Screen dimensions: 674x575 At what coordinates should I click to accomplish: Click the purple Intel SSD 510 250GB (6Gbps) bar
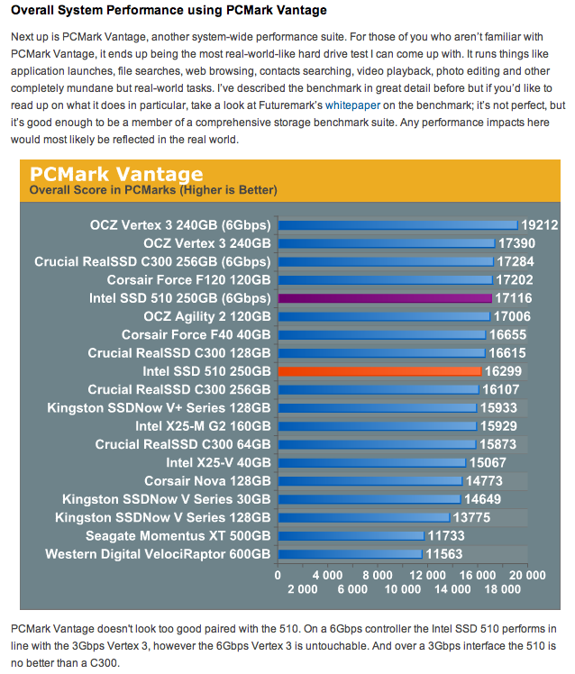[x=385, y=297]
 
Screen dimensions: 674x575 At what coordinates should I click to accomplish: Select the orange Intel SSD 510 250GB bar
[x=380, y=370]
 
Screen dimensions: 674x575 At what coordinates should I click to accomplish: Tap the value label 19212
[x=540, y=224]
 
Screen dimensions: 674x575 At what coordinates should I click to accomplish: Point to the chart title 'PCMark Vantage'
[x=116, y=174]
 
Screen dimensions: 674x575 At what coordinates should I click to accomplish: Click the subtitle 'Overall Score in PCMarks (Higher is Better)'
[x=153, y=190]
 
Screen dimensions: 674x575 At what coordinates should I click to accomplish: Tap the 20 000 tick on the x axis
[x=526, y=575]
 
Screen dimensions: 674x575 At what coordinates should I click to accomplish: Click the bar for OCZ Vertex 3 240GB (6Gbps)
[x=397, y=224]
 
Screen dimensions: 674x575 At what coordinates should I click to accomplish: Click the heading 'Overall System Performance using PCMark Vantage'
[x=169, y=11]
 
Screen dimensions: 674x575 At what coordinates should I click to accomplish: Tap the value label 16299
[x=503, y=370]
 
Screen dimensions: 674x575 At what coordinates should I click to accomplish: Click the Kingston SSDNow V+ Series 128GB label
[x=159, y=407]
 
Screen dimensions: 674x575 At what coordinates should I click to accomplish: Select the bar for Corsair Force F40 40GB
[x=382, y=334]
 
